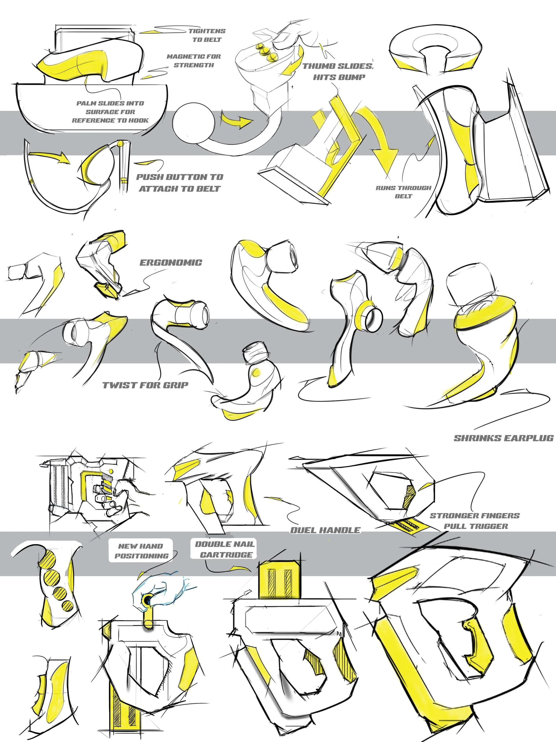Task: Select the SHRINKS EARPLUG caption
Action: [x=503, y=438]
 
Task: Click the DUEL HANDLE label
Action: [x=325, y=530]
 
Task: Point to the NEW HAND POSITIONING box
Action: [x=141, y=551]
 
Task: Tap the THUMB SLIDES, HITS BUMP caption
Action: [x=338, y=71]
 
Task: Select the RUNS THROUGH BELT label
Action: [x=403, y=192]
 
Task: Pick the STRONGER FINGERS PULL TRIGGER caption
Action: [x=475, y=521]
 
